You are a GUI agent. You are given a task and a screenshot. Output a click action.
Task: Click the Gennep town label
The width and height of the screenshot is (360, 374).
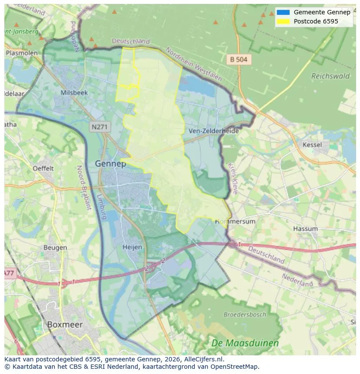(x=110, y=164)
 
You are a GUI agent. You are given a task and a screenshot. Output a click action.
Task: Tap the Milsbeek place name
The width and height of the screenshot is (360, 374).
(x=74, y=93)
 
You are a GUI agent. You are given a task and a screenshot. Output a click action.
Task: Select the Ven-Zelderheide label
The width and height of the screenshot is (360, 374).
(x=213, y=130)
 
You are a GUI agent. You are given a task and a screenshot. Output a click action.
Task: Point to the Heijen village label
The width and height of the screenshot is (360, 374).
(x=132, y=247)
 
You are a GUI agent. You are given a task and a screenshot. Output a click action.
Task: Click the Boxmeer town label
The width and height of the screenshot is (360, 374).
(x=64, y=324)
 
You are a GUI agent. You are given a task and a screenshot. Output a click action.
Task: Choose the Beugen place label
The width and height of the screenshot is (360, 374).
(x=55, y=248)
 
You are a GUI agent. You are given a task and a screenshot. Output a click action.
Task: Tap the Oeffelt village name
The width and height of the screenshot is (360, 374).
(x=43, y=168)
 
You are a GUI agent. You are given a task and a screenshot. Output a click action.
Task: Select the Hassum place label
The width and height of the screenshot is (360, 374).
(x=305, y=228)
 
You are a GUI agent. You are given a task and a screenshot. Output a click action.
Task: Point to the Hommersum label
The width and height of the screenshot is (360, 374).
(x=235, y=222)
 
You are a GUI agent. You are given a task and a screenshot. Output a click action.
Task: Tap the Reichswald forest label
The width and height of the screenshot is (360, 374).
(x=330, y=76)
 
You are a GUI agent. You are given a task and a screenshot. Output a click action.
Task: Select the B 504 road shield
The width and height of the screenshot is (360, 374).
(x=239, y=60)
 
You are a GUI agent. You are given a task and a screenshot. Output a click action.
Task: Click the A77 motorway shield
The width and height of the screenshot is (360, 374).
(x=10, y=273)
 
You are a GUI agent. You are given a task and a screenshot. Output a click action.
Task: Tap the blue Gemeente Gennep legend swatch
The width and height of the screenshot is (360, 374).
(x=283, y=12)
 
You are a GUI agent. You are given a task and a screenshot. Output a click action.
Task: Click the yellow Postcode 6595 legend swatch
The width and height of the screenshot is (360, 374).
(x=283, y=21)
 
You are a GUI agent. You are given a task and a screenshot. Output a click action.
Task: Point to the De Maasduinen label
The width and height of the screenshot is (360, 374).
(x=245, y=343)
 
